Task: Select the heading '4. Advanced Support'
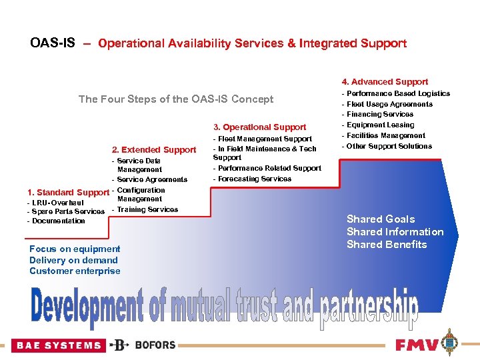pyautogui.click(x=385, y=82)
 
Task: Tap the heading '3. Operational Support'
pyautogui.click(x=259, y=127)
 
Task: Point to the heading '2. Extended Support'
pyautogui.click(x=153, y=150)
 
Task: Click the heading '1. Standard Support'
pyautogui.click(x=67, y=193)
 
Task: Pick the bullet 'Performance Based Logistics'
pyautogui.click(x=398, y=94)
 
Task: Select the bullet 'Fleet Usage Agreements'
pyautogui.click(x=389, y=105)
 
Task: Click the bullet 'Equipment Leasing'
pyautogui.click(x=380, y=125)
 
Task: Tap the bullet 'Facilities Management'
pyautogui.click(x=385, y=136)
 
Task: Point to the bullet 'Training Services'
pyautogui.click(x=147, y=210)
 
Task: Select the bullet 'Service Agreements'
pyautogui.click(x=152, y=180)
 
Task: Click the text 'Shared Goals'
pyautogui.click(x=380, y=219)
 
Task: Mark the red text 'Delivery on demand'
pyautogui.click(x=73, y=261)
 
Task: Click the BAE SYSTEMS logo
pyautogui.click(x=59, y=345)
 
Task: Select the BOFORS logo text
pyautogui.click(x=155, y=345)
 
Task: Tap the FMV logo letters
pyautogui.click(x=417, y=345)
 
